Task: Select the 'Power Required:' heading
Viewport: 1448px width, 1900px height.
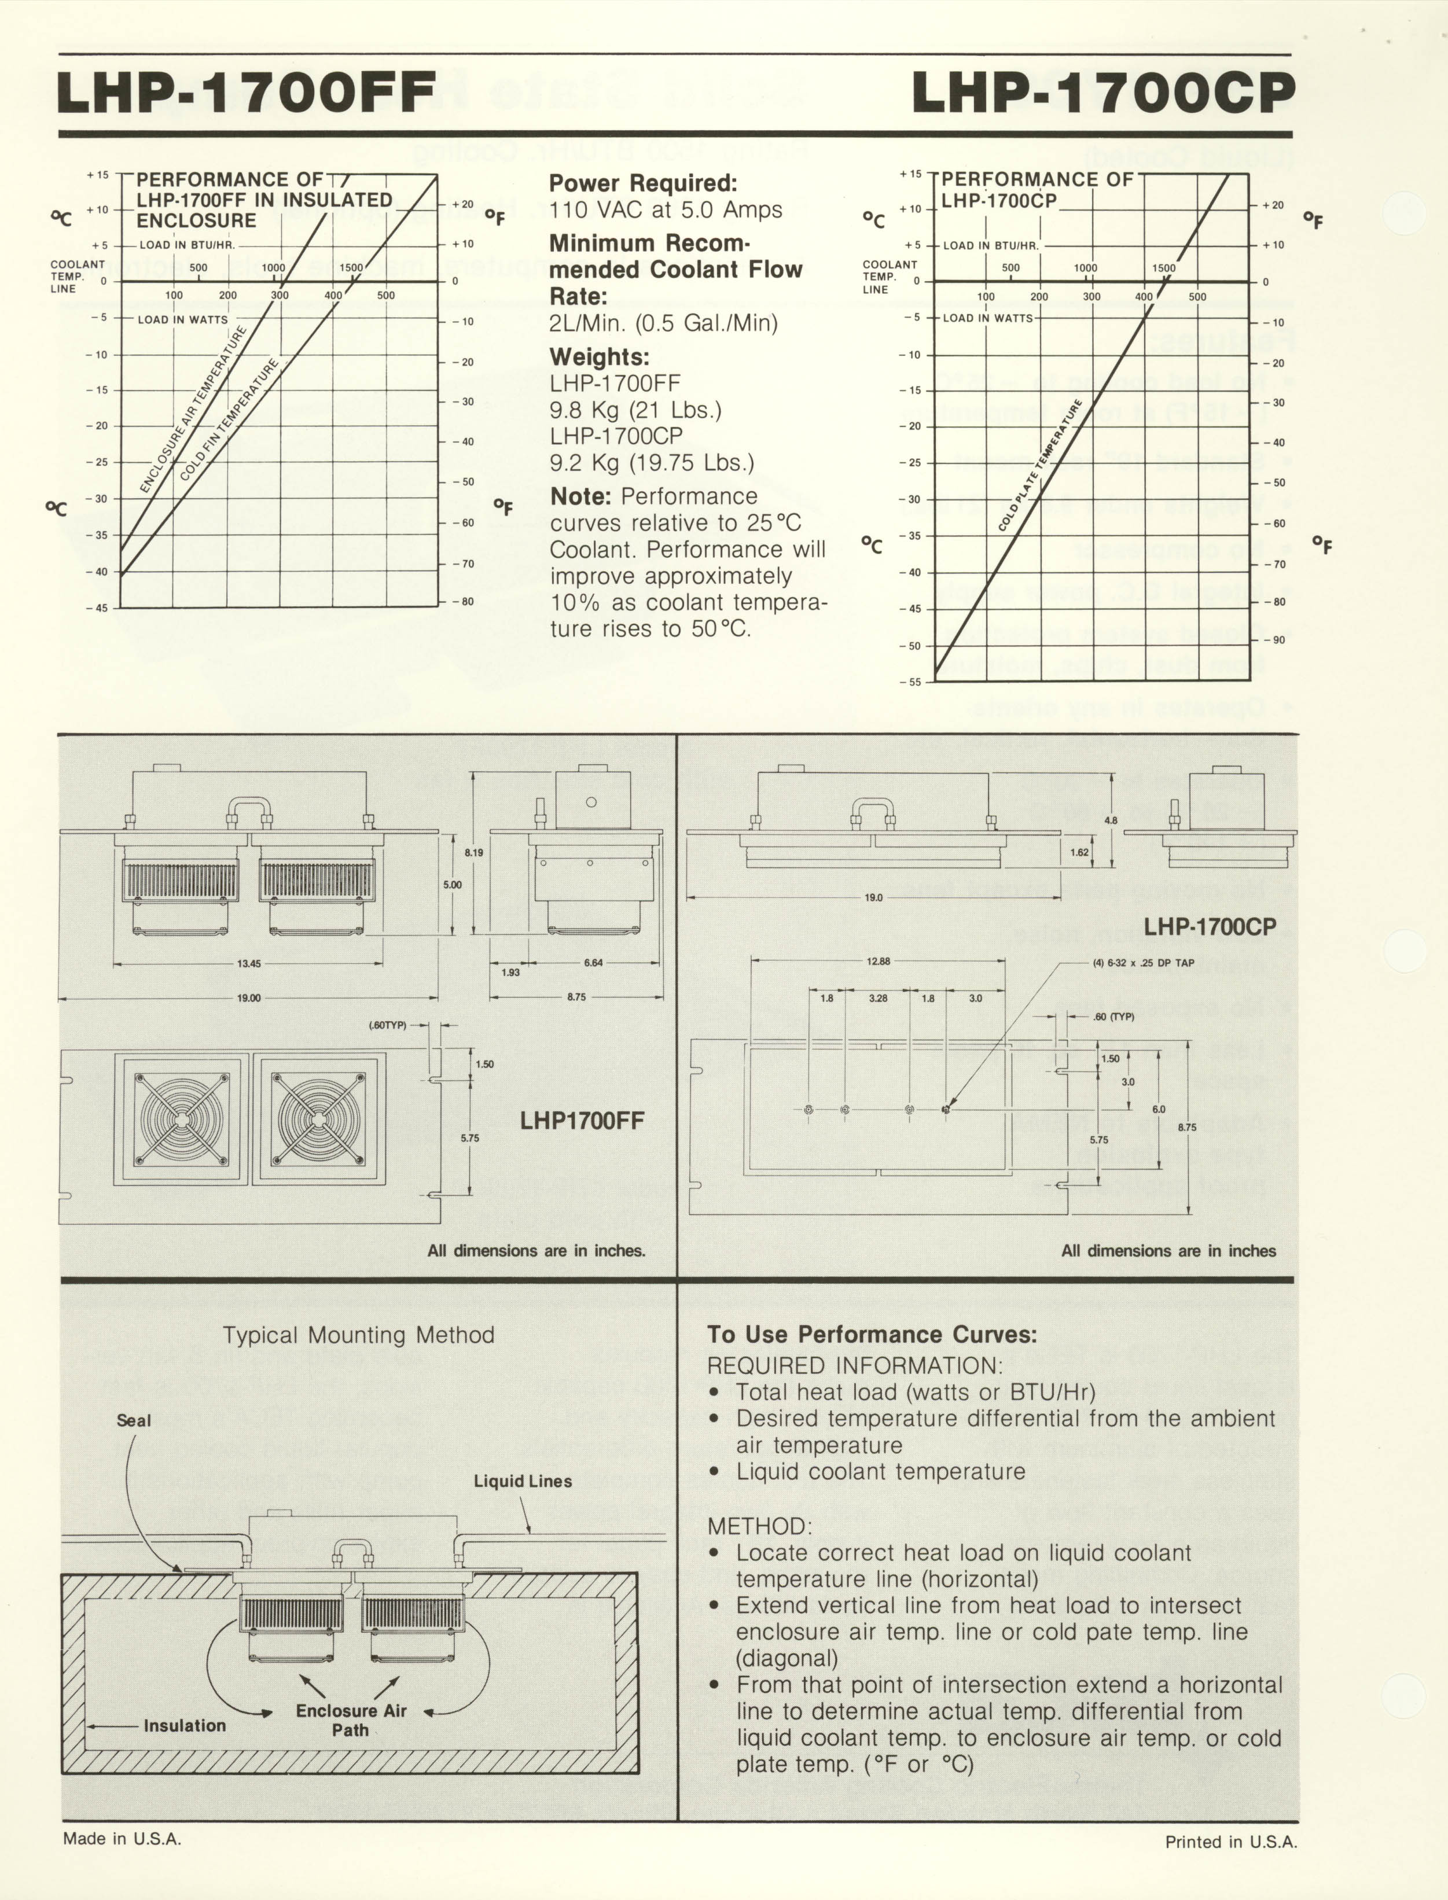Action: click(x=643, y=183)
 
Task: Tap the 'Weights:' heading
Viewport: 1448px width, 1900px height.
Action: click(x=600, y=357)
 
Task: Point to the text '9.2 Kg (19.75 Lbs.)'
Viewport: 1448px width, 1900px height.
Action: click(x=652, y=463)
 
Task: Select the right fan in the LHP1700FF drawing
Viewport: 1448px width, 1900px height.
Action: click(x=319, y=1118)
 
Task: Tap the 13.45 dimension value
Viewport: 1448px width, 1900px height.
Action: click(x=248, y=963)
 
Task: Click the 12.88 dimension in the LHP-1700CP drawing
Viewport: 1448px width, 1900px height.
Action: click(x=879, y=961)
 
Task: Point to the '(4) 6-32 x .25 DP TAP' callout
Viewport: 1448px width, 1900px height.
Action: click(x=1143, y=963)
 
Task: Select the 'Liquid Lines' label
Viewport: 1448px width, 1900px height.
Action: click(x=523, y=1481)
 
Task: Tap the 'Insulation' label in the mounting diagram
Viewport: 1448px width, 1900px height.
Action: click(x=185, y=1726)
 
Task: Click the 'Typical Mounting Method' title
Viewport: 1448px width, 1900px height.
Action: click(x=359, y=1335)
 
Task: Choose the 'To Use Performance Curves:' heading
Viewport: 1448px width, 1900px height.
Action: click(x=872, y=1335)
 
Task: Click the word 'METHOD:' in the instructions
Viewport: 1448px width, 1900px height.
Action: click(x=759, y=1526)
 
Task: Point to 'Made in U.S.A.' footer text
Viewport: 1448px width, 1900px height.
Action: click(x=122, y=1838)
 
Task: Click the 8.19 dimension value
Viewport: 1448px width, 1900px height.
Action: click(x=474, y=853)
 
